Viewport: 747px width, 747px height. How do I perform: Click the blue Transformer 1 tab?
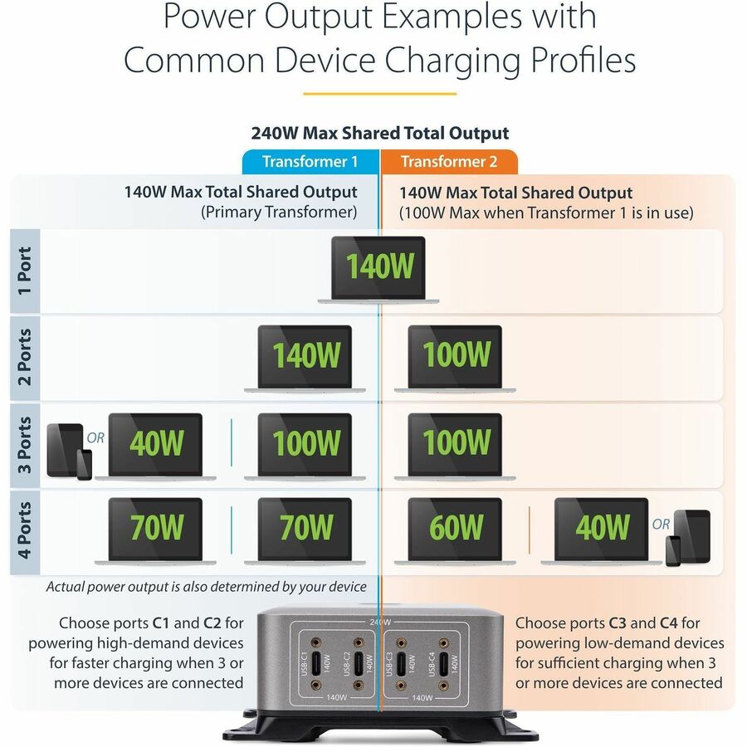point(310,162)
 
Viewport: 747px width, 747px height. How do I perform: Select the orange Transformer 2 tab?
point(449,162)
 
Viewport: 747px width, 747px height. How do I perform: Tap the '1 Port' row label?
point(25,271)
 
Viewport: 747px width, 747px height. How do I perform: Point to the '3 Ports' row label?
point(25,443)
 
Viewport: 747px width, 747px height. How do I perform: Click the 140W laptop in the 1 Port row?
point(378,267)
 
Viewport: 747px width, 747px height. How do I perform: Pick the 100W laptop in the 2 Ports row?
point(456,356)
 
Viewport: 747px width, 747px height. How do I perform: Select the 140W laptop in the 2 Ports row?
point(305,356)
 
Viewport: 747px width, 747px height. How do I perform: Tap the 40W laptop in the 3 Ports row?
point(155,444)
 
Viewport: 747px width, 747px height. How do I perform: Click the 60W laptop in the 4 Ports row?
point(456,529)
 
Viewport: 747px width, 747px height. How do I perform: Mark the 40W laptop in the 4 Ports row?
point(602,529)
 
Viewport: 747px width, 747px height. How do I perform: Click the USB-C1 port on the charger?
point(316,663)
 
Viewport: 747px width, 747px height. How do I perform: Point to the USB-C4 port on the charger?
point(444,663)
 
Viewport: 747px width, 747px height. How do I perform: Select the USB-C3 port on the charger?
point(401,663)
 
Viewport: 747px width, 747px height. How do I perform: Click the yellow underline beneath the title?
point(379,94)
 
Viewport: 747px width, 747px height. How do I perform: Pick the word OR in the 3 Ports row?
point(95,437)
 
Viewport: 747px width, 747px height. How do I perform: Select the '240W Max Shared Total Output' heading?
point(380,133)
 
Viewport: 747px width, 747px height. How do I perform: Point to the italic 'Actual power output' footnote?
point(206,587)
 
